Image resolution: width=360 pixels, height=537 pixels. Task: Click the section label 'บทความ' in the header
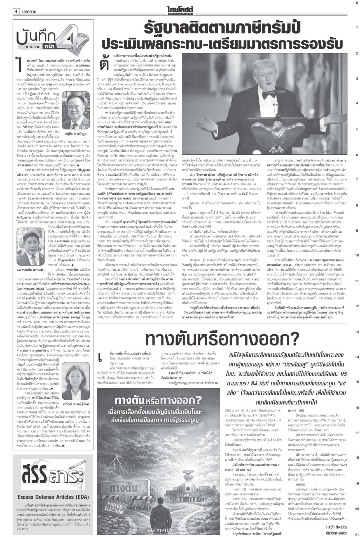tap(29, 11)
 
